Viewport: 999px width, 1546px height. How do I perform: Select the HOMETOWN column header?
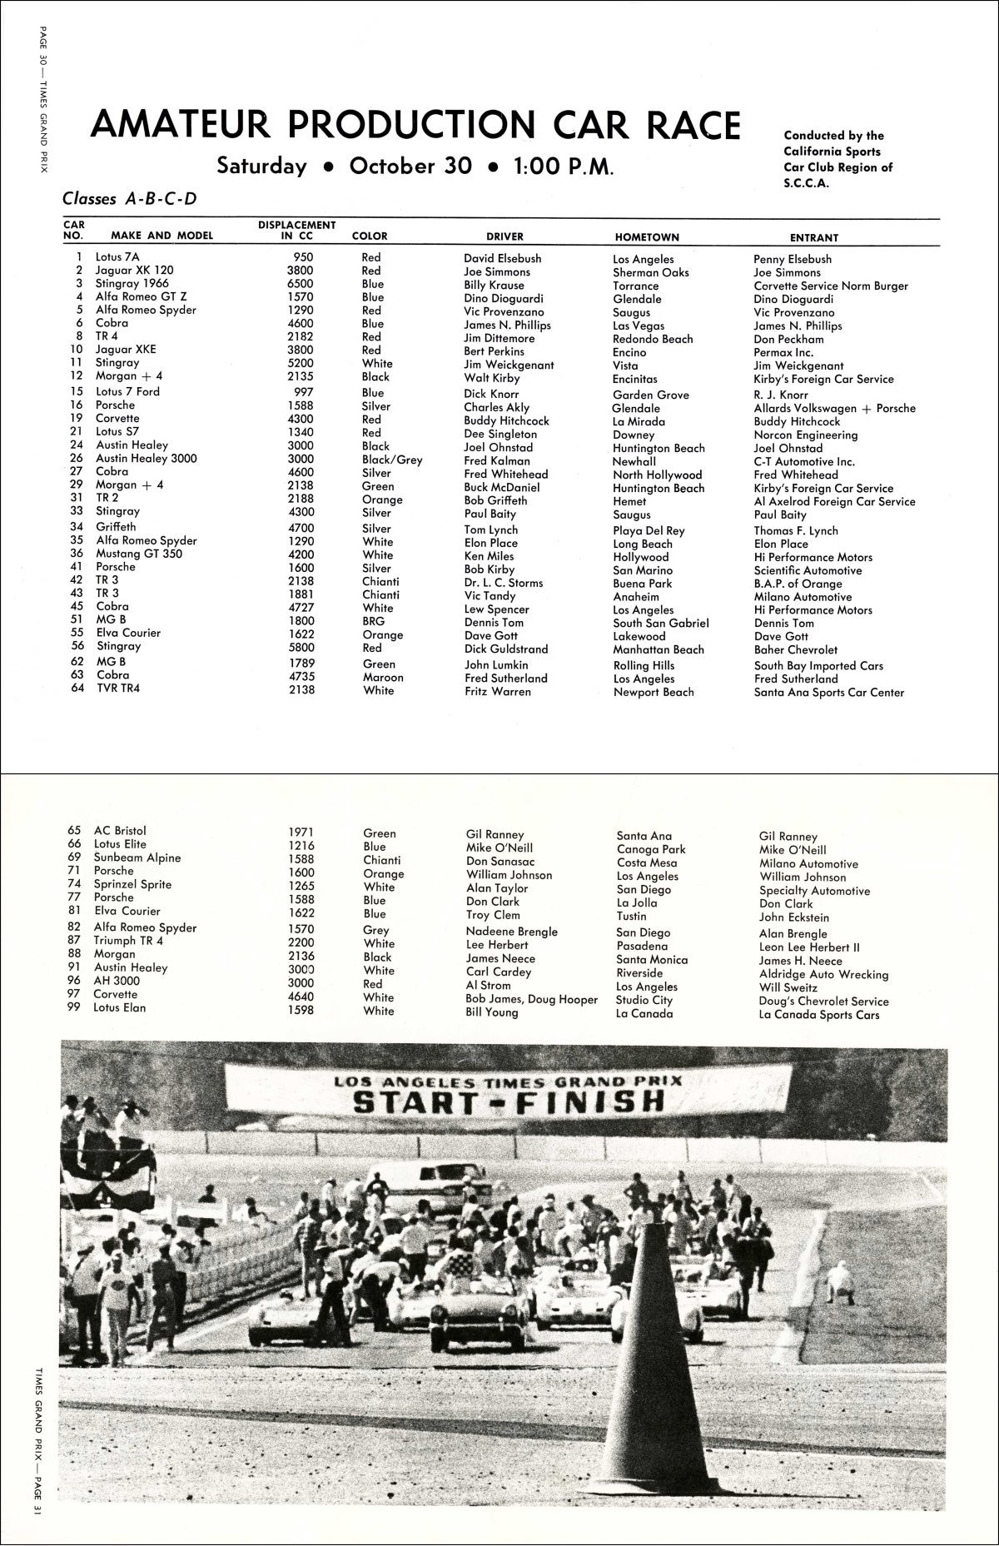click(647, 237)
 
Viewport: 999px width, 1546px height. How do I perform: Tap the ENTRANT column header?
click(813, 238)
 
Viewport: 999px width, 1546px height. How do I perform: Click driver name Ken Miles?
click(489, 556)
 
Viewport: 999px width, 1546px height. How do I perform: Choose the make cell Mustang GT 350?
click(139, 554)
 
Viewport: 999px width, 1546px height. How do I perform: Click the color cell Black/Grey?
click(392, 460)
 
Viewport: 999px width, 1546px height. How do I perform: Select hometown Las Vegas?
click(639, 326)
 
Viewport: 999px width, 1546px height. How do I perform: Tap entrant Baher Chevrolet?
click(796, 649)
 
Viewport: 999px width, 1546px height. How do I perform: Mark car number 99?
click(75, 1007)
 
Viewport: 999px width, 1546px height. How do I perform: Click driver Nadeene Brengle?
click(511, 932)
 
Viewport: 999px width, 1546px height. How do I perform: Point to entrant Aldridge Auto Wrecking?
click(823, 974)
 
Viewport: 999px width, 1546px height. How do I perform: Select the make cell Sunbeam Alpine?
click(137, 858)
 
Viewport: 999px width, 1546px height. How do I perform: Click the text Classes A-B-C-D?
click(129, 199)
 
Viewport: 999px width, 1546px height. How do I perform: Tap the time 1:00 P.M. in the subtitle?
click(564, 167)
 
